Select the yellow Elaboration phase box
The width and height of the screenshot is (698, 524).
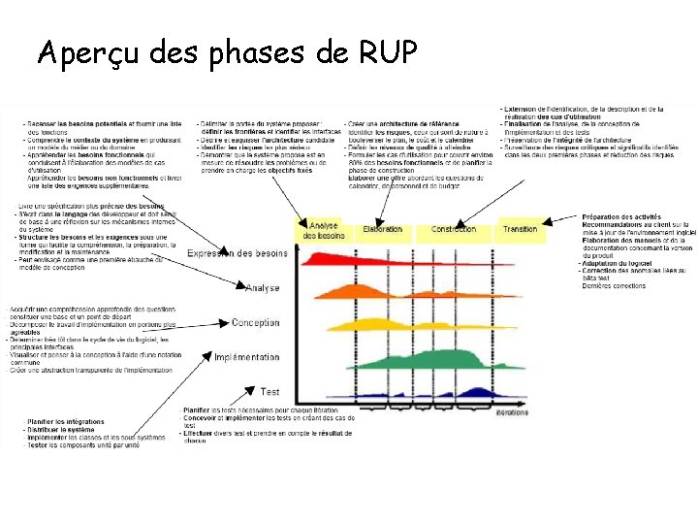tap(383, 230)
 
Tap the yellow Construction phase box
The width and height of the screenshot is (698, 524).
tap(454, 230)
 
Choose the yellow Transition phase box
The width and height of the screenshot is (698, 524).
tap(521, 230)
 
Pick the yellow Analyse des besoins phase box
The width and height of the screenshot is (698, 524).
tap(323, 231)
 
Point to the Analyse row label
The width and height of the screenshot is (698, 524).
tap(263, 288)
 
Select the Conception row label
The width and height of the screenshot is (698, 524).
tap(255, 323)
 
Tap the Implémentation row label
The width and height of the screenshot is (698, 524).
tap(246, 357)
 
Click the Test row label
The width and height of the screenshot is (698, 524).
tap(270, 392)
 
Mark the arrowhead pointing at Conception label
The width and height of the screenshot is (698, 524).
tap(228, 323)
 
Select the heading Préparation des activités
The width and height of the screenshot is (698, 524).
tap(621, 217)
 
